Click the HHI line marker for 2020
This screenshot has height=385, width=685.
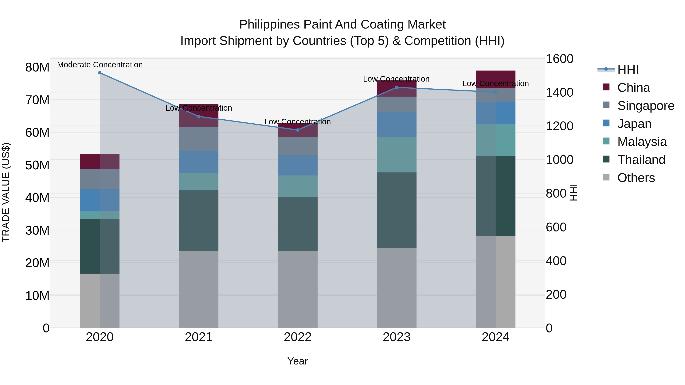(100, 73)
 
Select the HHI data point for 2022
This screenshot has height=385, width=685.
(298, 130)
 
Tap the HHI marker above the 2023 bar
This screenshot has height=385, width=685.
(397, 87)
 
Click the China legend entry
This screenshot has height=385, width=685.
(633, 88)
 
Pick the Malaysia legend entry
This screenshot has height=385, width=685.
(642, 142)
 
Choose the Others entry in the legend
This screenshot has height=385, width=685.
(636, 178)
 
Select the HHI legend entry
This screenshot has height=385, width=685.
(628, 70)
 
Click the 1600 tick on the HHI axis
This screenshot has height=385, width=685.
(559, 59)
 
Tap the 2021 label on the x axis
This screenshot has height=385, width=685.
(199, 337)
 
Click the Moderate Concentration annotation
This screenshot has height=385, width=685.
(100, 65)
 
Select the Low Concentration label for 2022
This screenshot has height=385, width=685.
(298, 122)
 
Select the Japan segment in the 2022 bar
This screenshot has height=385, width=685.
(298, 165)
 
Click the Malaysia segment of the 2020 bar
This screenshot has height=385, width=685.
(100, 215)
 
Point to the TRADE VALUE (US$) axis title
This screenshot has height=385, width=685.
(6, 192)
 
